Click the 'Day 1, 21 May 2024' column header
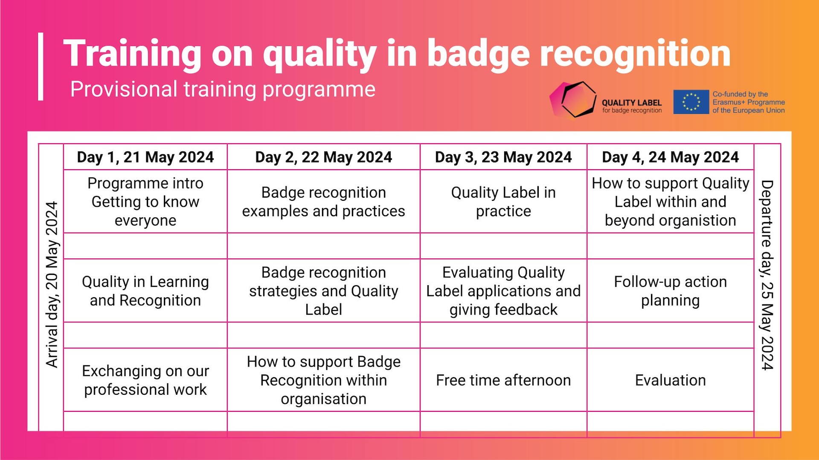tap(145, 157)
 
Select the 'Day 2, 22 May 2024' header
tap(324, 157)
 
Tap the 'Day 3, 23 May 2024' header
tap(503, 157)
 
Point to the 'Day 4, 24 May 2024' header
tap(671, 157)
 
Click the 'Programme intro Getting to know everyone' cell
tap(145, 202)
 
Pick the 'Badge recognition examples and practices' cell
tap(324, 202)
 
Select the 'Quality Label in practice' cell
tap(503, 202)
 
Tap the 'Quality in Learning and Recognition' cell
tap(145, 291)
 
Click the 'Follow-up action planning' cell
tap(671, 291)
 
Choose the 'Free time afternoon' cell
tap(503, 380)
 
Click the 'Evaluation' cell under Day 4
tap(671, 380)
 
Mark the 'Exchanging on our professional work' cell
tap(145, 380)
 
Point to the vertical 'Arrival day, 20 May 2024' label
tap(52, 284)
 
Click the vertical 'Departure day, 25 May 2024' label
tap(767, 275)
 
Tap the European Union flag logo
tap(691, 102)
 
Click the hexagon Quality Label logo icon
tap(573, 99)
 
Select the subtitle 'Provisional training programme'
tap(223, 90)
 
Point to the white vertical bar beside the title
tap(41, 67)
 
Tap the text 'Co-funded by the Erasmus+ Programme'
tap(749, 98)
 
